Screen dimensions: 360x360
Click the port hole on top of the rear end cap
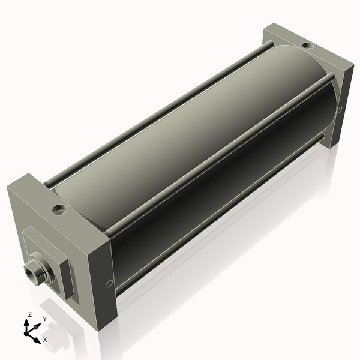tap(307, 46)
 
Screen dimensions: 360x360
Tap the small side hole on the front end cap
tap(109, 284)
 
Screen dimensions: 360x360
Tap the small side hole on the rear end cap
tap(340, 109)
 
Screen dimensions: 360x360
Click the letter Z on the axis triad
tap(30, 314)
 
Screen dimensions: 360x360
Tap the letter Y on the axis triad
tap(44, 319)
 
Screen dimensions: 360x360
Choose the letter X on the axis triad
tap(45, 340)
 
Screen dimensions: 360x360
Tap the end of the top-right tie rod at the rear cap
tap(330, 76)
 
